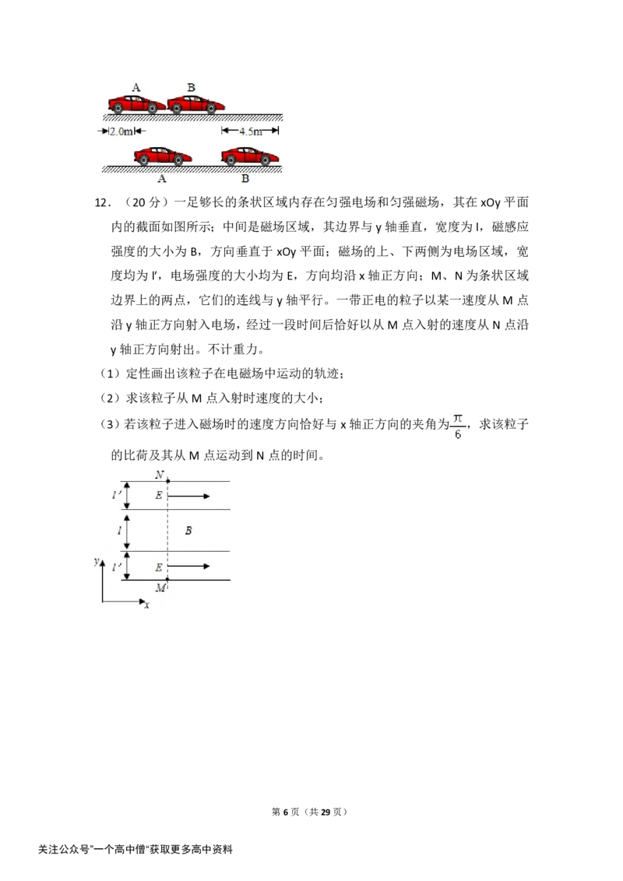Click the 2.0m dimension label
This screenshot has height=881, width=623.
pos(121,132)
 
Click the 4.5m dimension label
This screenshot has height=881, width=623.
pos(250,132)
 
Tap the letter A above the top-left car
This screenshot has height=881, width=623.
pos(136,88)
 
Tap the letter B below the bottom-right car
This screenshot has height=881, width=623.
pos(245,179)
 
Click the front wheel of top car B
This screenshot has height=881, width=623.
pos(212,108)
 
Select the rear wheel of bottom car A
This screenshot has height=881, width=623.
pos(144,160)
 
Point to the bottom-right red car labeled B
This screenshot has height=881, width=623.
pos(250,156)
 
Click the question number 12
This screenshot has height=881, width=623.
pos(102,203)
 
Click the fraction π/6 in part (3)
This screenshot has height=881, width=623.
pos(458,426)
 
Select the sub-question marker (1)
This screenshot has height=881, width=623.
pos(111,374)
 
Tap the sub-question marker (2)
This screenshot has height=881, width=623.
pos(111,398)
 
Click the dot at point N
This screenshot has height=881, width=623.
pos(167,481)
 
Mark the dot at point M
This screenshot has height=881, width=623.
pos(167,579)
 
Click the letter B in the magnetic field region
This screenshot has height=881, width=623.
pos(188,531)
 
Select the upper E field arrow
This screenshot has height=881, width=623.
pos(189,496)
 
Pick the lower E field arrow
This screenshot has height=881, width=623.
pos(189,567)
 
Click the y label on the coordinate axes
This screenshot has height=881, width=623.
pos(97,561)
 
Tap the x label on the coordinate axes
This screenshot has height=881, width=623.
pos(146,605)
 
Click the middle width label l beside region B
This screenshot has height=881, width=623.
pos(119,531)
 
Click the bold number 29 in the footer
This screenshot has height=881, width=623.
pos(325,812)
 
